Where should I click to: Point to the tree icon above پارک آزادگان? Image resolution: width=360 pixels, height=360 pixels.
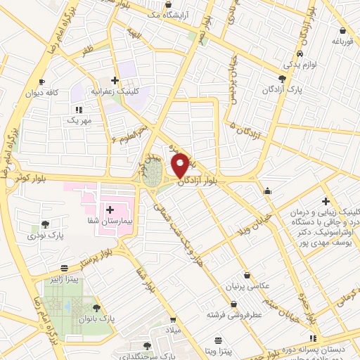point(283,79)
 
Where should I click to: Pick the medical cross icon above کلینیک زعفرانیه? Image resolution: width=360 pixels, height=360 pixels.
point(115,80)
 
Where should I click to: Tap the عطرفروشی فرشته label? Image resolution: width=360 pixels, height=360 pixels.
point(234,315)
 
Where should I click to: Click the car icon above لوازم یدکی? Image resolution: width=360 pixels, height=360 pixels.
point(300,53)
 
